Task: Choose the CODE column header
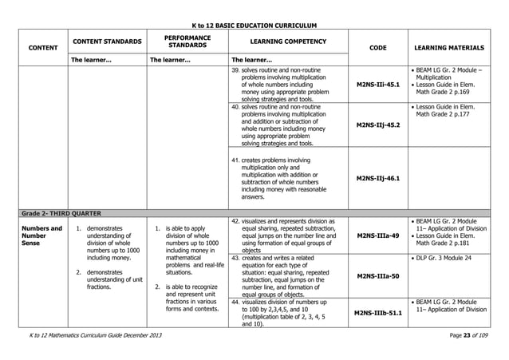pyautogui.click(x=378, y=47)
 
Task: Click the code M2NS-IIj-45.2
pyautogui.click(x=378, y=125)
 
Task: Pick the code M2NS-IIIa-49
pyautogui.click(x=378, y=235)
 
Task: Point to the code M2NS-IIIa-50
pyautogui.click(x=378, y=275)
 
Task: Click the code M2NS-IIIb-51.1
pyautogui.click(x=378, y=313)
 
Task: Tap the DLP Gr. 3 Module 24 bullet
pyautogui.click(x=450, y=259)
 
